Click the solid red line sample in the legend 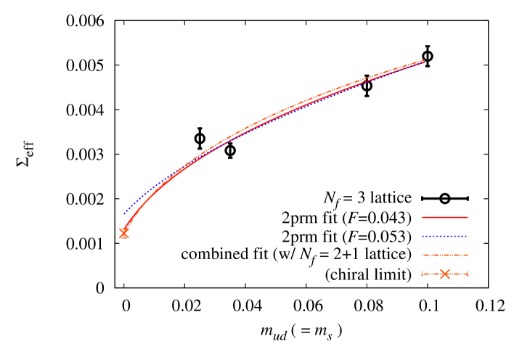click(445, 217)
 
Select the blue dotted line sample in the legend click(445, 236)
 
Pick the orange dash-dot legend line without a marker click(445, 255)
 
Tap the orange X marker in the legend click(445, 274)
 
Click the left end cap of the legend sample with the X click(423, 274)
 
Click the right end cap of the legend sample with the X click(468, 274)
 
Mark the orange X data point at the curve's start click(123, 233)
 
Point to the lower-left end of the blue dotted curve click(124, 214)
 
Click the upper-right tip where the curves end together click(423, 61)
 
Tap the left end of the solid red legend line click(423, 217)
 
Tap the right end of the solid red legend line click(468, 217)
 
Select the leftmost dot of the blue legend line click(423, 236)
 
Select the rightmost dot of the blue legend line click(467, 236)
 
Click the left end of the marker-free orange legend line click(423, 255)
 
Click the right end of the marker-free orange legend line click(467, 255)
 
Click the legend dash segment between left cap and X click(431, 274)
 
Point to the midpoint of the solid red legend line click(445, 217)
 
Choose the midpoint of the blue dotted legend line click(445, 236)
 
